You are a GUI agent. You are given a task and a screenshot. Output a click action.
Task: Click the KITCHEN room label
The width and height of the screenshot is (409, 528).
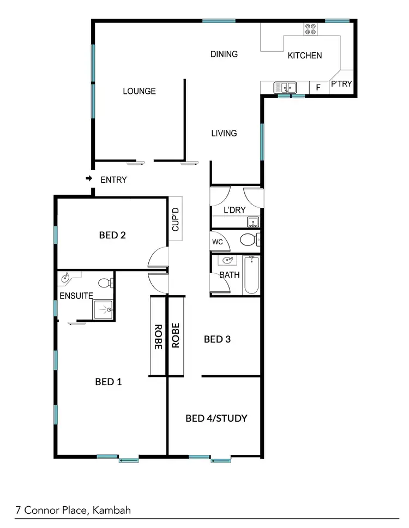[x=304, y=55]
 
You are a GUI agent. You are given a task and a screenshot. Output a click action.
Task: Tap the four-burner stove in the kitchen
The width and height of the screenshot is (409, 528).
[x=310, y=29]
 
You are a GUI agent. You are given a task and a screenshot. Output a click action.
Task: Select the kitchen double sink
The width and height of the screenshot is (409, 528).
[x=285, y=87]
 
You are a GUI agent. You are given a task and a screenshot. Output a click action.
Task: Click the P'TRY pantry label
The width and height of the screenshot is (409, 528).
[x=341, y=84]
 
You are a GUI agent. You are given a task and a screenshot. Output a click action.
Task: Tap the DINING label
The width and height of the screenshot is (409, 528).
[x=224, y=54]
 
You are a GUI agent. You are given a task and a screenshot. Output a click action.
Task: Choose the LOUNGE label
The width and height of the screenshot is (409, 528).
[x=139, y=91]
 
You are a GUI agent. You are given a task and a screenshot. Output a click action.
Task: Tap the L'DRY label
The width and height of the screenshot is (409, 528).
[x=235, y=210]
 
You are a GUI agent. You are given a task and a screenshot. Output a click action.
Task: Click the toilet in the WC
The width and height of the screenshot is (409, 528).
[x=249, y=239]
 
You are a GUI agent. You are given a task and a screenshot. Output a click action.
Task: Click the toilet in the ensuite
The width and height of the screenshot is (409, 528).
[x=105, y=283]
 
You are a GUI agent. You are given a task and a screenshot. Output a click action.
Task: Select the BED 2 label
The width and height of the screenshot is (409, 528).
[x=112, y=236]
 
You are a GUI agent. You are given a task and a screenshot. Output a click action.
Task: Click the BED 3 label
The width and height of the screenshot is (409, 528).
[x=217, y=339]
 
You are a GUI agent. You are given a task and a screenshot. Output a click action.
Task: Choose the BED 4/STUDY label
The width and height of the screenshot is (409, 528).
[x=216, y=418]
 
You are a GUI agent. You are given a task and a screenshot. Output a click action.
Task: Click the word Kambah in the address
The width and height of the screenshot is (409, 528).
[x=112, y=511]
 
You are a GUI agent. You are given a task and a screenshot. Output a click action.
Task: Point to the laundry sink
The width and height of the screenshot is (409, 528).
[x=252, y=221]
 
